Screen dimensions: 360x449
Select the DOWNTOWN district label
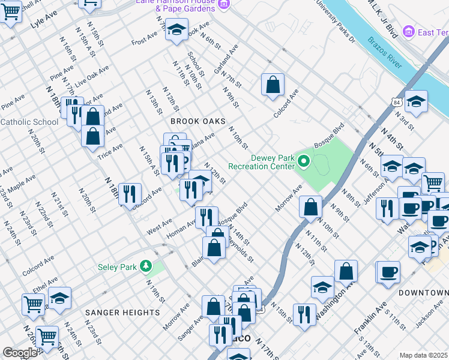[x=423, y=292]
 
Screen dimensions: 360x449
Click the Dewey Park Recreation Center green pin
[x=304, y=160]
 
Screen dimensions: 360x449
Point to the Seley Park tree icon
[x=145, y=266]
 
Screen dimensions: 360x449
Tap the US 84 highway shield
[x=397, y=103]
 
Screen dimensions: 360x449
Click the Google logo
[x=20, y=352]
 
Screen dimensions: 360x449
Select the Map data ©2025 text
[x=423, y=355]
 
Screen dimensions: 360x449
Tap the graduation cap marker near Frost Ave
[x=176, y=29]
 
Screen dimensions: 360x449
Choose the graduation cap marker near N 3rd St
[x=416, y=102]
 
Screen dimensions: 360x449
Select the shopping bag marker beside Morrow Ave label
[x=310, y=207]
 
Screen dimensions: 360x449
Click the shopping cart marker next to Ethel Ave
[x=33, y=304]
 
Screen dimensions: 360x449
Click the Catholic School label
[x=29, y=122]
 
